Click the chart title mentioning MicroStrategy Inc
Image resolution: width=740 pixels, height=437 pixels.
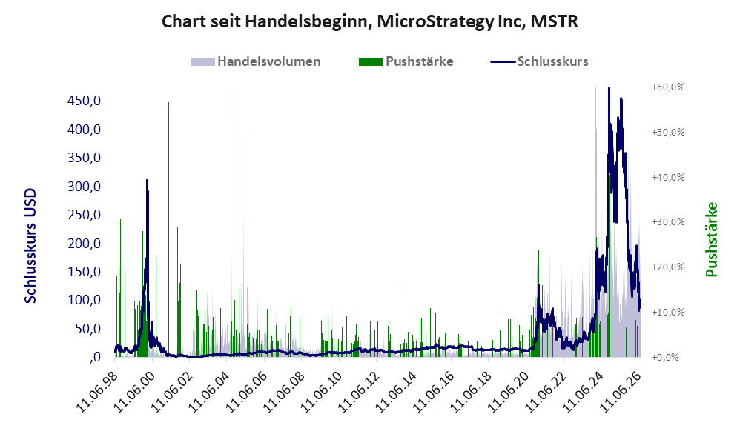pos(369,21)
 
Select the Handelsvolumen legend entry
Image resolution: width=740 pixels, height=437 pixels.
pos(256,61)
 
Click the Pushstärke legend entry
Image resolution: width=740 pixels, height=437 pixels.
pos(406,61)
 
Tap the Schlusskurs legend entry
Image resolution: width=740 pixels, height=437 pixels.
pos(539,61)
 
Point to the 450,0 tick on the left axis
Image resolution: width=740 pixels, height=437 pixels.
pos(85,101)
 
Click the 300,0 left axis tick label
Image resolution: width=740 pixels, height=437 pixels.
pos(85,186)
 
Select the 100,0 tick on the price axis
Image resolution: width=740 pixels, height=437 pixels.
pos(85,300)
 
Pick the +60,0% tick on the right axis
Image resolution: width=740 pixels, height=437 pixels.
pos(668,87)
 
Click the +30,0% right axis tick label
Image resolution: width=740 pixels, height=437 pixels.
pos(668,222)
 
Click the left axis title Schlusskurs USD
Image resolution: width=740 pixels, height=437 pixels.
pos(30,246)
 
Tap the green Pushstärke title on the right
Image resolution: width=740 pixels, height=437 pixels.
pos(711,239)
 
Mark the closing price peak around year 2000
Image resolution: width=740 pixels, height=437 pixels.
pos(148,180)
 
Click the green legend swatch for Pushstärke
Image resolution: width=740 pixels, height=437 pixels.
pos(371,61)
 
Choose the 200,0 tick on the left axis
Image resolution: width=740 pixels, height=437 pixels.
pos(85,243)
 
